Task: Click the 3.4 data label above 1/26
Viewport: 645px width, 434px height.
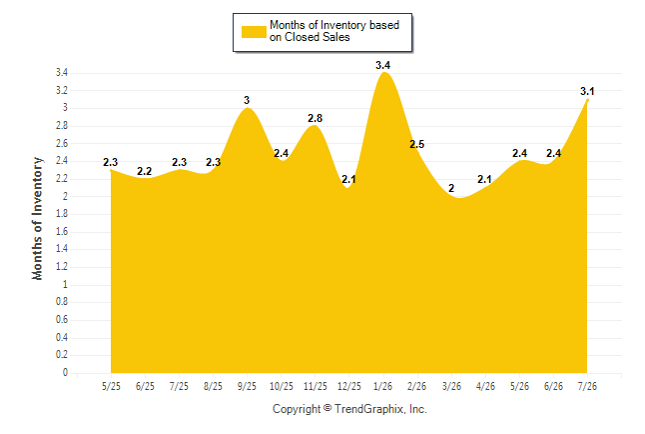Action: click(x=382, y=65)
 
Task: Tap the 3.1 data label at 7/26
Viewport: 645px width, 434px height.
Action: click(x=587, y=91)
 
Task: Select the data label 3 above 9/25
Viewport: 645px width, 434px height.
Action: click(x=247, y=100)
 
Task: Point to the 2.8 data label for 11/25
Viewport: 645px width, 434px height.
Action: click(x=315, y=118)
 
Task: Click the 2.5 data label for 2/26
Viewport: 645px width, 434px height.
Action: click(x=416, y=144)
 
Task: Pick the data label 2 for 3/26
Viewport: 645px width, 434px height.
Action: click(x=451, y=188)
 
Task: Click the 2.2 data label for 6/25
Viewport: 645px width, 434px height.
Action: click(x=145, y=171)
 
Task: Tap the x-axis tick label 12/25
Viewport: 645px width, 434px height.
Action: click(x=348, y=386)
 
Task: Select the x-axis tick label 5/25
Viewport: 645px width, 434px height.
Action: click(x=111, y=386)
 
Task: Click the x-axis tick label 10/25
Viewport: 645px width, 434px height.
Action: click(x=281, y=386)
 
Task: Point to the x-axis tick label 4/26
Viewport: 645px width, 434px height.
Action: click(x=485, y=386)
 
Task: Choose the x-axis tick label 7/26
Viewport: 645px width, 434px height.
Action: click(x=587, y=386)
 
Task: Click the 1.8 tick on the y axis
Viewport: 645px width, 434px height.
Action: click(x=62, y=214)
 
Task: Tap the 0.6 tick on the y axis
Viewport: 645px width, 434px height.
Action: click(x=62, y=320)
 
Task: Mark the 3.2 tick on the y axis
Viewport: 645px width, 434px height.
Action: click(x=62, y=90)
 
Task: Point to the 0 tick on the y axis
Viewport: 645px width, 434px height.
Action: click(x=65, y=373)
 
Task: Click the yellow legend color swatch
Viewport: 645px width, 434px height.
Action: click(x=254, y=32)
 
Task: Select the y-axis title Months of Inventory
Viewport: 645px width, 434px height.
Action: click(x=37, y=218)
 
